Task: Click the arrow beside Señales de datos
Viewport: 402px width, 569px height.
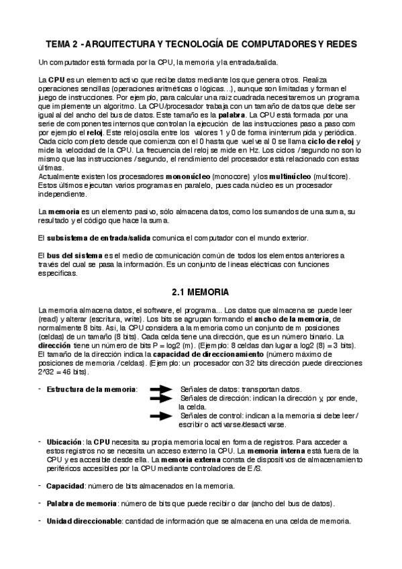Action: pyautogui.click(x=163, y=389)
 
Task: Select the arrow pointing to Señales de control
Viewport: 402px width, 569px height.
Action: pyautogui.click(x=163, y=415)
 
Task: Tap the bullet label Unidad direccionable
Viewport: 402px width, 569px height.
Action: pyautogui.click(x=85, y=521)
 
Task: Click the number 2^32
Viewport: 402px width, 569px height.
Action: pyautogui.click(x=48, y=372)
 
